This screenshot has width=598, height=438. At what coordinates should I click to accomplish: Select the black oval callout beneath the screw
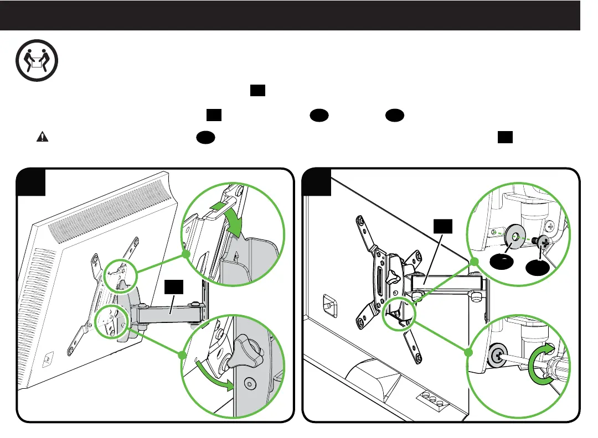click(538, 269)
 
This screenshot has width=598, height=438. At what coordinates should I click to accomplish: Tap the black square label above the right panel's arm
click(443, 225)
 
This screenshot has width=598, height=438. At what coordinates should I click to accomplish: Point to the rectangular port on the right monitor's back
click(328, 304)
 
